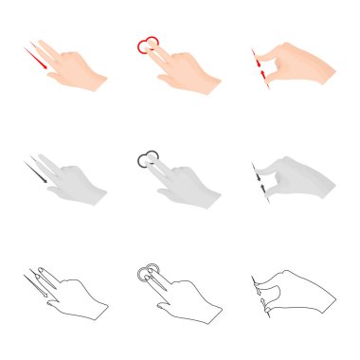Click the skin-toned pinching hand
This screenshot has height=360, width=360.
click(x=298, y=68)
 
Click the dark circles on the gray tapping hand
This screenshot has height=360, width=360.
click(x=146, y=158)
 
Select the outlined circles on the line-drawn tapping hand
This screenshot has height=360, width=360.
click(x=145, y=274)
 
